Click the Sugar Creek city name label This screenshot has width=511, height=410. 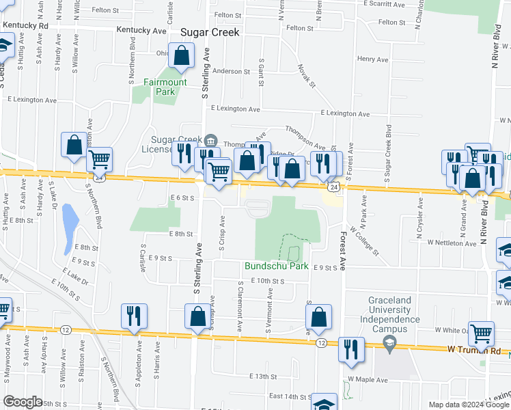pyautogui.click(x=210, y=32)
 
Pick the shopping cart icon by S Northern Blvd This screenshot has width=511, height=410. pyautogui.click(x=100, y=160)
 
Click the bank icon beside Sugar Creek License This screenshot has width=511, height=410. pyautogui.click(x=210, y=141)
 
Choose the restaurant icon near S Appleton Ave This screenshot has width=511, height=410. pyautogui.click(x=133, y=315)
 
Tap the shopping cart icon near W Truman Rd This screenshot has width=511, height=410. pyautogui.click(x=481, y=333)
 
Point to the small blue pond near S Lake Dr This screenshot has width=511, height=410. pyautogui.click(x=70, y=219)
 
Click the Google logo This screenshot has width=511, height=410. pyautogui.click(x=23, y=402)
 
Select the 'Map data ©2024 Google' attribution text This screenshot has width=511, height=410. pyautogui.click(x=468, y=404)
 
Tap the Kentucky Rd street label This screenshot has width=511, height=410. pyautogui.click(x=25, y=26)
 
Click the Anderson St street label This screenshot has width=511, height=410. pyautogui.click(x=231, y=71)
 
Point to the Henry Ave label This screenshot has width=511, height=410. pyautogui.click(x=372, y=59)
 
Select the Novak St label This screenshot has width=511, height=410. pyautogui.click(x=306, y=76)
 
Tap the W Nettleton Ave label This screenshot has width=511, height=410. pyautogui.click(x=452, y=243)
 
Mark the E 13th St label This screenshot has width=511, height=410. pyautogui.click(x=263, y=377)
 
